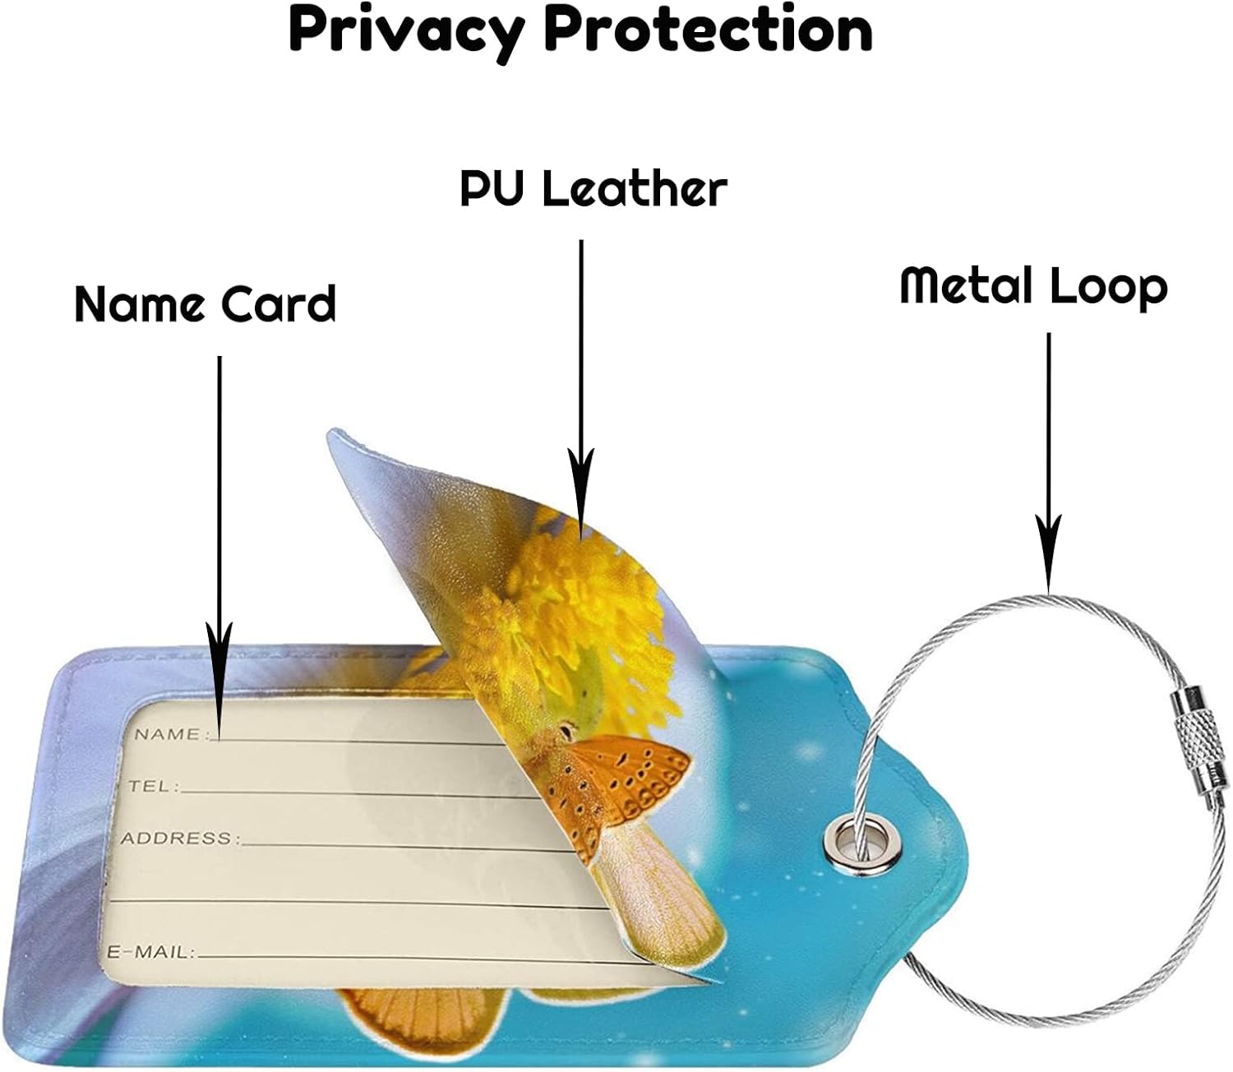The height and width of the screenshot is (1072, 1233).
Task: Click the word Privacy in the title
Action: click(406, 31)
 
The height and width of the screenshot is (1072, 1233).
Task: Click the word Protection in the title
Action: click(708, 30)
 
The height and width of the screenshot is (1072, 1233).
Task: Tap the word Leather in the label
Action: click(635, 189)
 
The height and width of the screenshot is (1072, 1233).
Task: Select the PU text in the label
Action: click(491, 189)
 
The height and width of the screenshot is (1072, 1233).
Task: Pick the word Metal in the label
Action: click(966, 285)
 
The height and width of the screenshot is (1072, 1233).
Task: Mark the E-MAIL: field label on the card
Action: click(152, 952)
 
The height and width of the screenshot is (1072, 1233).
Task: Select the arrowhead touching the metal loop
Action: click(1048, 555)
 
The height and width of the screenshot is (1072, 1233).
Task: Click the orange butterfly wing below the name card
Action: click(411, 1015)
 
